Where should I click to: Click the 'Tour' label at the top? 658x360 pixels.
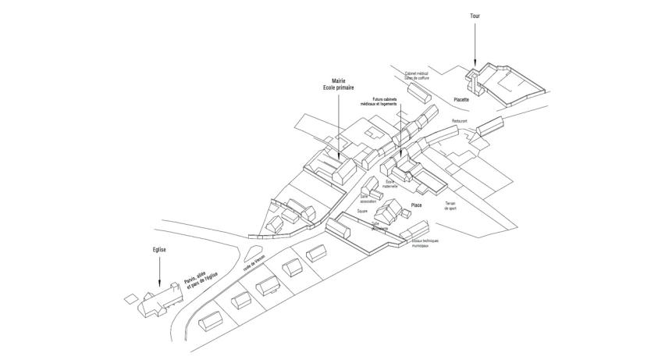pyautogui.click(x=475, y=16)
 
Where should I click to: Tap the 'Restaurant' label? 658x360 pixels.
pyautogui.click(x=459, y=121)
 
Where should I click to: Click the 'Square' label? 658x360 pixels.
pyautogui.click(x=362, y=211)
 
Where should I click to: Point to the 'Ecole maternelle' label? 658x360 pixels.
pyautogui.click(x=390, y=184)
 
